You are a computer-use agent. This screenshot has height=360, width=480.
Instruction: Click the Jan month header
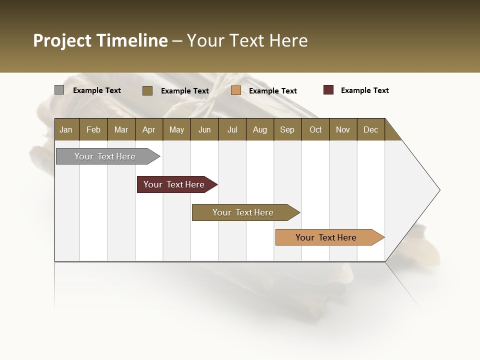66,129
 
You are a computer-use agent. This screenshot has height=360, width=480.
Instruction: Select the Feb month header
93,129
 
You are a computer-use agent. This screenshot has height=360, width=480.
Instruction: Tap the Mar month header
121,129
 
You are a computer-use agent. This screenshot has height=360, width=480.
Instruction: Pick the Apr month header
149,129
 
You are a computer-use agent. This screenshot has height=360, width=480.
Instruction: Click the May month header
176,129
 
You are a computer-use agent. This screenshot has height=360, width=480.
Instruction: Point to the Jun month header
204,129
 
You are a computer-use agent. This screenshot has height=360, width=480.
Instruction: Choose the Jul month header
232,129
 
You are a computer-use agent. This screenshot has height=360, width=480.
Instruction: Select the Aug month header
260,129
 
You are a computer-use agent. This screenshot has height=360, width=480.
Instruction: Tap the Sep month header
287,129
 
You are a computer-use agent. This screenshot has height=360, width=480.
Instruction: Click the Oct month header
315,129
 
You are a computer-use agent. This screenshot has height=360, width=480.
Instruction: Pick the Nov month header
343,129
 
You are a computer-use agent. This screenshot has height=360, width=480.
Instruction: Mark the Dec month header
371,129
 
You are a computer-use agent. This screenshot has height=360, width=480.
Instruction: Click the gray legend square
59,90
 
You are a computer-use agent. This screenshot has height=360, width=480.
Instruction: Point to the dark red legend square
328,90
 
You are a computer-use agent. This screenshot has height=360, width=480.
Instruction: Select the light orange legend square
236,90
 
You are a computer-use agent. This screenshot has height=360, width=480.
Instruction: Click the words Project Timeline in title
100,40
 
